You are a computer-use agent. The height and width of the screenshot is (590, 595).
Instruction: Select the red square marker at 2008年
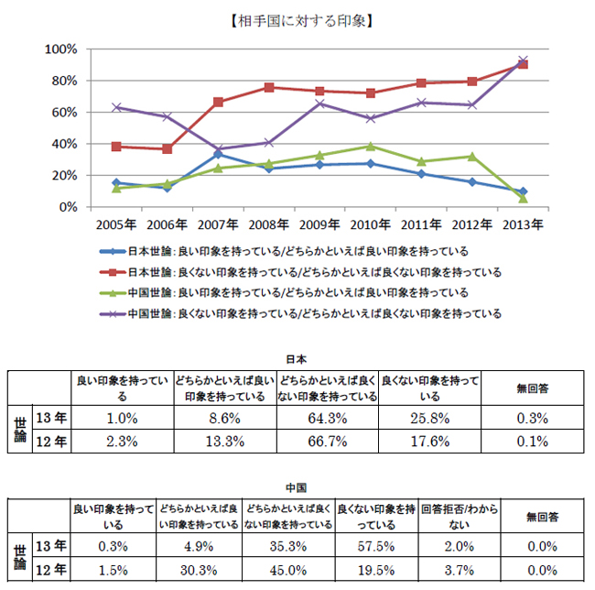[268, 87]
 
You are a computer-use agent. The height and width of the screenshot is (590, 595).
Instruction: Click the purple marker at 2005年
[115, 107]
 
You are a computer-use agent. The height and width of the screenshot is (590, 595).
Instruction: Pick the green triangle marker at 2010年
[370, 146]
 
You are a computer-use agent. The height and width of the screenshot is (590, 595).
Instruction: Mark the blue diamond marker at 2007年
[217, 154]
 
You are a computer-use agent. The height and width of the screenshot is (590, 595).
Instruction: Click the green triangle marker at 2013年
[523, 198]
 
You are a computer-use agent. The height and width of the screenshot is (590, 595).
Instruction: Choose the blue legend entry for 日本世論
[284, 251]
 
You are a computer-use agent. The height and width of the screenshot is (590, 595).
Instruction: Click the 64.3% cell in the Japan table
[328, 418]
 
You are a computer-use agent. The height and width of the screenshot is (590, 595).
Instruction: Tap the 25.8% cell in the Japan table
[429, 418]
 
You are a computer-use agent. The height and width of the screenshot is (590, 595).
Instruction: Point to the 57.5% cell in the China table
[377, 546]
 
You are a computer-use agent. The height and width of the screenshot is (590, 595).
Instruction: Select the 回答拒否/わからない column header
[458, 517]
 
